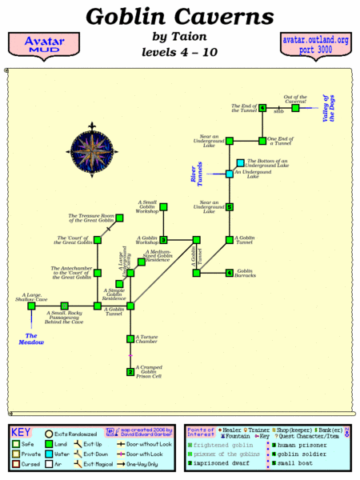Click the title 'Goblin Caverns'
(x=180, y=16)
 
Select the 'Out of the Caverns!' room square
(x=295, y=108)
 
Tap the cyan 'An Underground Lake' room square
(x=229, y=174)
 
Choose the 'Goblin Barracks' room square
(x=229, y=273)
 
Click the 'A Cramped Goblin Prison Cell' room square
(x=130, y=372)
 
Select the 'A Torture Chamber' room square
(x=130, y=339)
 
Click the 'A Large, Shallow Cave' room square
(x=31, y=306)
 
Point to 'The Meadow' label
(x=31, y=338)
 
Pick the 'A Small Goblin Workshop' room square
(x=163, y=207)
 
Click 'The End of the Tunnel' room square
(x=262, y=108)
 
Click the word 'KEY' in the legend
(x=22, y=430)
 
